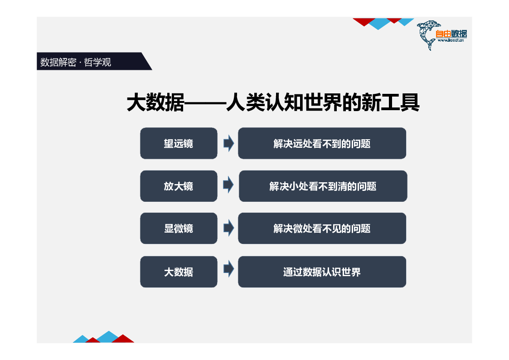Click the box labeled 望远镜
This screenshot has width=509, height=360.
pos(179,143)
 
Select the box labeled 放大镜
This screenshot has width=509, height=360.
pos(179,186)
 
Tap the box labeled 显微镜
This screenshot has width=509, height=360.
pos(179,228)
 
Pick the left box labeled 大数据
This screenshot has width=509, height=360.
pos(179,272)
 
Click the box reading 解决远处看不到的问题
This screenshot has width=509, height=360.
pos(322,143)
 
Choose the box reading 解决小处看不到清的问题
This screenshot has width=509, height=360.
pos(323,186)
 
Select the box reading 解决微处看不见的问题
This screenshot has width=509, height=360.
pos(322,228)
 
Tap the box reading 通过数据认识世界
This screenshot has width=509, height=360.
pos(322,272)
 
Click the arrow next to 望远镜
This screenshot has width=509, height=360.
pos(229,143)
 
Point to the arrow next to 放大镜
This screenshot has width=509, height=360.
pos(228,185)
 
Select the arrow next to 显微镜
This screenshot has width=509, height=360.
pos(229,228)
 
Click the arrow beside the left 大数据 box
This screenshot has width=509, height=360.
pos(229,269)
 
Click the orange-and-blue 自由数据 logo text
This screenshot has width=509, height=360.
pos(451,34)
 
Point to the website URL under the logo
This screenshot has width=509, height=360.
pos(451,40)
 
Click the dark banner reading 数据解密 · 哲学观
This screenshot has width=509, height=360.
pos(94,61)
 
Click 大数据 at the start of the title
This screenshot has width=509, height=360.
pos(155,102)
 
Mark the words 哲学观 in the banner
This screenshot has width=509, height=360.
pos(97,62)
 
